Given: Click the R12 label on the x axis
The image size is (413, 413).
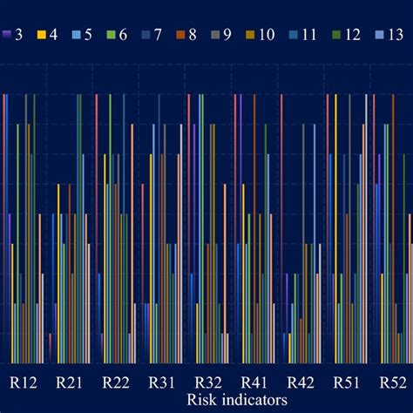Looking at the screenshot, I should (x=24, y=382).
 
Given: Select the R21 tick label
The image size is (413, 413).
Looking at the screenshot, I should (x=70, y=382).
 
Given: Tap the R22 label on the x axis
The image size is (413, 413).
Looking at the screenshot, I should (x=116, y=382).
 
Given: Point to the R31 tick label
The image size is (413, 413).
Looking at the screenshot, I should (x=162, y=382).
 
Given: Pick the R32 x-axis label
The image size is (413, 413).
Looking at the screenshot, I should (x=208, y=382).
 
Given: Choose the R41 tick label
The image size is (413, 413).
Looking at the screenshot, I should (x=254, y=382).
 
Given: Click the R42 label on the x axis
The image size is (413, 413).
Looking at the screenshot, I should (x=301, y=382).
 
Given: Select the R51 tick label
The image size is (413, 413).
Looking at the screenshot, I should (x=347, y=382).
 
